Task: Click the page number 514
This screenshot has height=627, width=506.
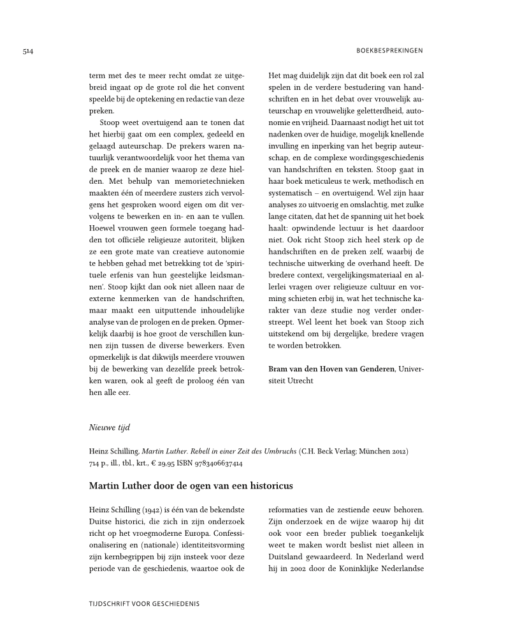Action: tap(27, 51)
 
